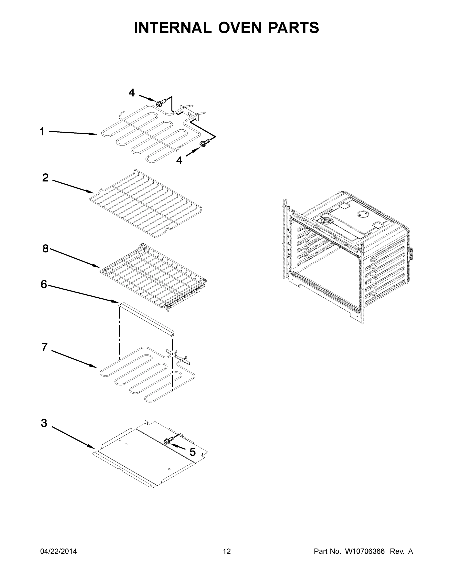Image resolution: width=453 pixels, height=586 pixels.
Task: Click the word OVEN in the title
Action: pos(240,28)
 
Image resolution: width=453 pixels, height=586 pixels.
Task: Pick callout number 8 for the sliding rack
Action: pos(45,249)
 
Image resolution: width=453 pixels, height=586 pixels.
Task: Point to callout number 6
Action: pos(44,284)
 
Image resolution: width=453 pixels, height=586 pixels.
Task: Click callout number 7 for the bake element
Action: pos(44,347)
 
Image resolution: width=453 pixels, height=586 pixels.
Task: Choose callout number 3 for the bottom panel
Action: pos(44,423)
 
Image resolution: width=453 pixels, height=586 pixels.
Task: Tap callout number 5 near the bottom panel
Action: pos(192,452)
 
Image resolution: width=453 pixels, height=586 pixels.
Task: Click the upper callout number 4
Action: pos(131,93)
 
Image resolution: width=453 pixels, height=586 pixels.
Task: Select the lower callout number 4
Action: pos(179,161)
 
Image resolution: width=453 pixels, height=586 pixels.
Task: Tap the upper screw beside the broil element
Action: pos(160,103)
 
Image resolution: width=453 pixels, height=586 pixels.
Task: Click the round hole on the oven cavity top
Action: pos(362,214)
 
